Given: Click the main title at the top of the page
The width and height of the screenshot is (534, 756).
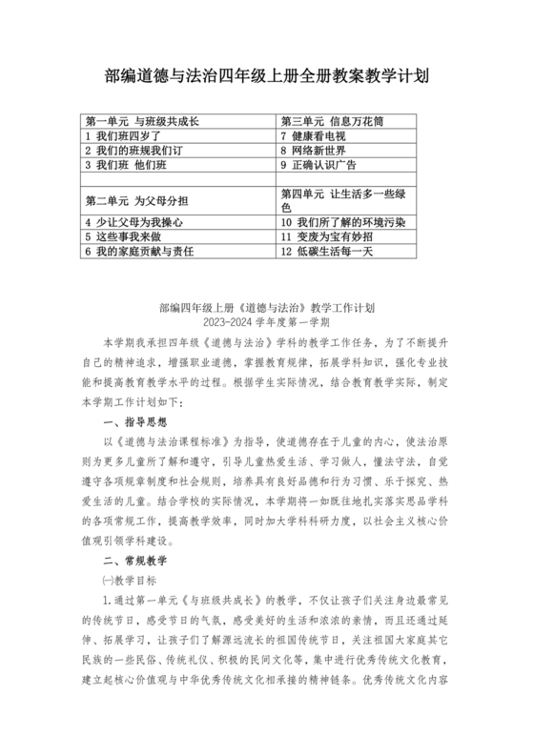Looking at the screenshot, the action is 266,75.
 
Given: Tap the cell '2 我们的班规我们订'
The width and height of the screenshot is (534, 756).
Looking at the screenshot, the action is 133,151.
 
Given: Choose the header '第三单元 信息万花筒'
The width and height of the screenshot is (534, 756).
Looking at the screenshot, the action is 328,122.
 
